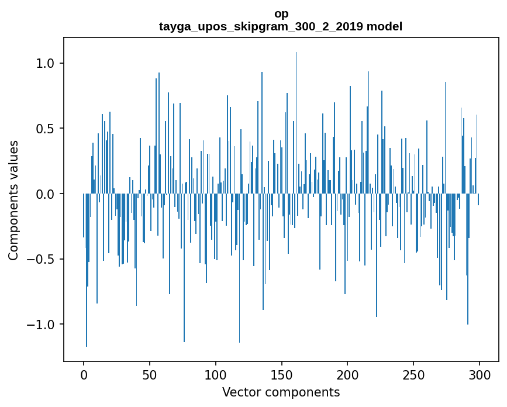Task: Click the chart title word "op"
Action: coord(281,13)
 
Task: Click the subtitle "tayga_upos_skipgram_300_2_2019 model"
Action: coord(281,26)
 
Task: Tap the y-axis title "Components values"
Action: coord(13,200)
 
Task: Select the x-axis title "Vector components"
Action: coord(281,392)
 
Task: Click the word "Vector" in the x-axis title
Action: coord(241,392)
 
